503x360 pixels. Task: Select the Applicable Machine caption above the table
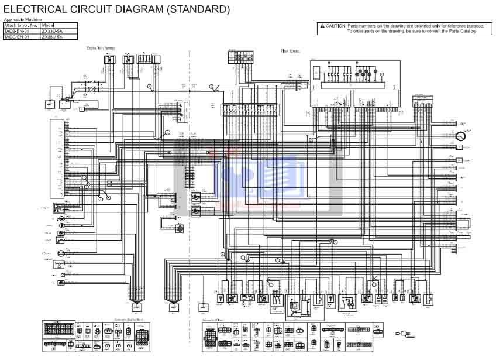pyautogui.click(x=19, y=20)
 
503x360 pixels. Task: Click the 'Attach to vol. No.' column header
pyautogui.click(x=21, y=25)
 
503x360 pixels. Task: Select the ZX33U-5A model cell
pyautogui.click(x=51, y=31)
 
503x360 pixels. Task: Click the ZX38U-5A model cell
pyautogui.click(x=51, y=36)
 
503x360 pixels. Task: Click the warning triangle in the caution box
pyautogui.click(x=322, y=26)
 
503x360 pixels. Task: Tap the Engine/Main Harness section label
pyautogui.click(x=101, y=48)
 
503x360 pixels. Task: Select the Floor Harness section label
pyautogui.click(x=290, y=51)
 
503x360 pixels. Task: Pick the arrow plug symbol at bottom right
pyautogui.click(x=403, y=334)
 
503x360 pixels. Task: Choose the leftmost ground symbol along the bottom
pyautogui.click(x=136, y=307)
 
